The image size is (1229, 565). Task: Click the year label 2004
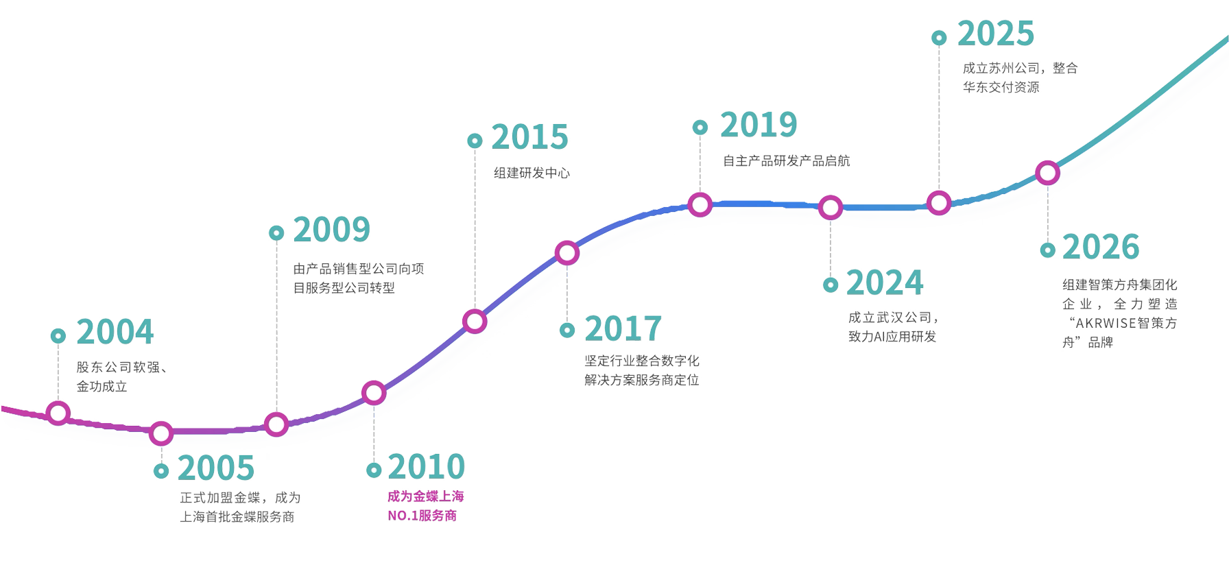[115, 333]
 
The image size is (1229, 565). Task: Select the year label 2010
[426, 468]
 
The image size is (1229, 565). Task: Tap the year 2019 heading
[758, 125]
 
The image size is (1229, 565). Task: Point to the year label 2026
[1100, 248]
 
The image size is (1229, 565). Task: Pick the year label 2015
[529, 138]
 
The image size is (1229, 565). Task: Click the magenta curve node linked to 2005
[161, 433]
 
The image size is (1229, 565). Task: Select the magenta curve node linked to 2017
[567, 253]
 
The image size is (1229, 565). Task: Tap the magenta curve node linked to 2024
[831, 207]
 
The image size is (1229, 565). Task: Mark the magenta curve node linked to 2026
[1047, 173]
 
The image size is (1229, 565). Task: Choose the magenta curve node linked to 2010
[374, 393]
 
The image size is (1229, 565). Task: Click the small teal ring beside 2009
[276, 233]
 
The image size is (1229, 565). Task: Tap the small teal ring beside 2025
[939, 38]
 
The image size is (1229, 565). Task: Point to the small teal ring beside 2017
[567, 330]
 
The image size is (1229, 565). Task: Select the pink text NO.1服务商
[422, 516]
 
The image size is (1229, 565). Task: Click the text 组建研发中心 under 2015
[532, 173]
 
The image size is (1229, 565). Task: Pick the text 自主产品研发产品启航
[786, 161]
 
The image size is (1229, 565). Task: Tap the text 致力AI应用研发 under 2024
[892, 337]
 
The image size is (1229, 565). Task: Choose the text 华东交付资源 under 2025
[1001, 87]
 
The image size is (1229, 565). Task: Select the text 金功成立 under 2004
[102, 387]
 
